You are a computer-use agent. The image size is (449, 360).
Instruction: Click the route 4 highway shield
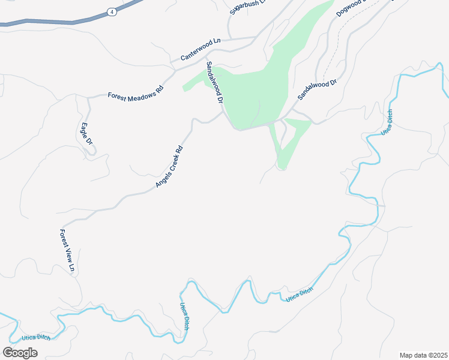pos(112,11)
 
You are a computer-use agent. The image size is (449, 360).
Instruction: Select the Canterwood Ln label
pos(200,49)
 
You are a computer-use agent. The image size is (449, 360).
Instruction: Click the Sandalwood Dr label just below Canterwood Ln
pos(214,83)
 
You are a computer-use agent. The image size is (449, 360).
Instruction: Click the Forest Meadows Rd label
pos(135,94)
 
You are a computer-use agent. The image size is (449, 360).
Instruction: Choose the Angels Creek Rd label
pos(169,167)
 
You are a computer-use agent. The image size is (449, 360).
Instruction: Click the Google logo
pos(20,353)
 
